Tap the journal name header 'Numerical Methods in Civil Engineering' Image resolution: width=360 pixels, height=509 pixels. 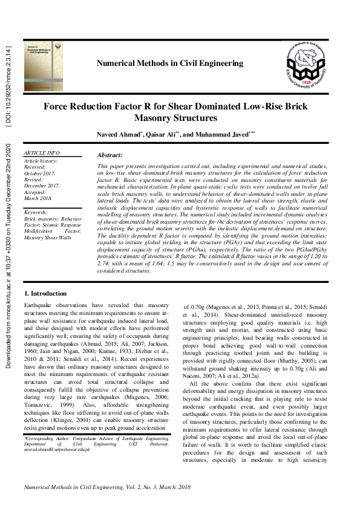click(169, 63)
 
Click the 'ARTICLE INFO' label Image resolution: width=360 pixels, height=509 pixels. click(41, 154)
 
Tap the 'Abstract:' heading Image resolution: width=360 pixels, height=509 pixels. click(110, 155)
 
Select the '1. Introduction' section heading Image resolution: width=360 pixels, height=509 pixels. click(45, 294)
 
